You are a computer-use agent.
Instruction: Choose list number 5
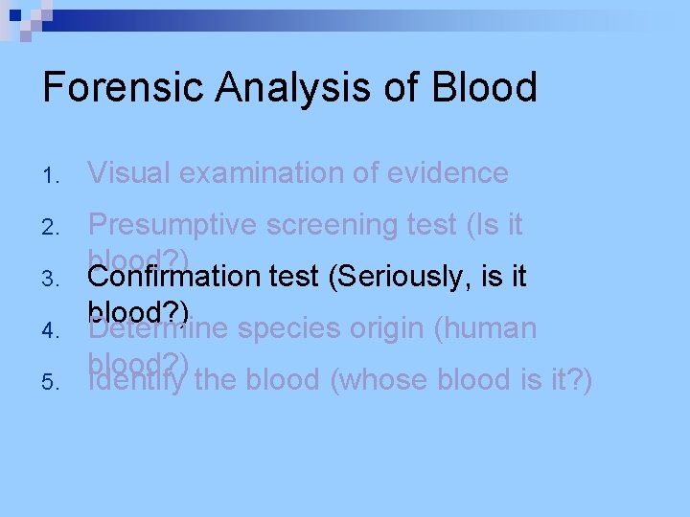[x=52, y=383]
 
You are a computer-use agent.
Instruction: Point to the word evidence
[x=448, y=173]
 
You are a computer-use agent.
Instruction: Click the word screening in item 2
[x=321, y=225]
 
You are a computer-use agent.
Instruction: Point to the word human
[x=489, y=328]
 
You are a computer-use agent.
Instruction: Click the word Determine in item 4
[x=158, y=328]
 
